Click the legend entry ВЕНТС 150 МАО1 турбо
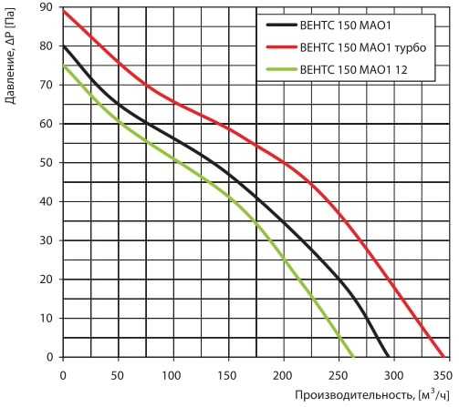tap(363, 47)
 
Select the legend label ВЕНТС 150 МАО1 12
tap(353, 70)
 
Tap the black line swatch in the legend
tap(281, 25)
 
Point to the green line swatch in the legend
tap(281, 69)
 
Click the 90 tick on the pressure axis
tap(47, 7)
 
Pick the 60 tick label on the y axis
tap(47, 124)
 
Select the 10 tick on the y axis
tap(47, 318)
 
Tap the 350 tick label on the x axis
tap(443, 376)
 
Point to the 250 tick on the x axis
tap(339, 376)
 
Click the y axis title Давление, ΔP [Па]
tap(10, 56)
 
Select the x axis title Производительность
tap(355, 395)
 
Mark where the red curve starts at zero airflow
tap(63, 11)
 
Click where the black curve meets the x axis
tap(389, 357)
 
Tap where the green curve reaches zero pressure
tap(353, 357)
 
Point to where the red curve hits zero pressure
tap(443, 357)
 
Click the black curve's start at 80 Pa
tap(63, 46)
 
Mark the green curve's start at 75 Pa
tap(63, 66)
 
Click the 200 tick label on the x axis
tap(282, 376)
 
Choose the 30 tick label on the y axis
tap(47, 240)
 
